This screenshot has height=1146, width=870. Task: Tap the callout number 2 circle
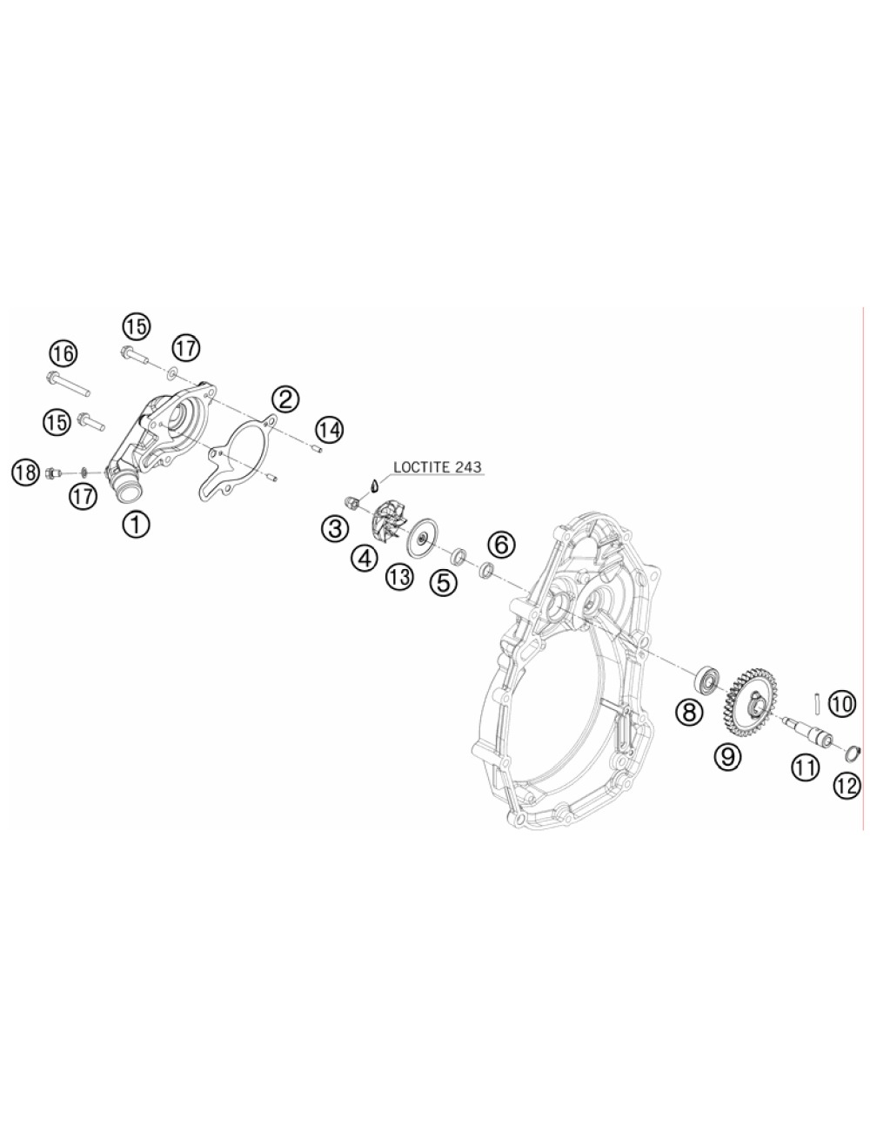click(285, 399)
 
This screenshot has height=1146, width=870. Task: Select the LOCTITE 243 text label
click(438, 466)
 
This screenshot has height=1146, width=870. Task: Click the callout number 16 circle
click(64, 353)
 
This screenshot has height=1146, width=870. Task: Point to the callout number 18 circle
click(26, 472)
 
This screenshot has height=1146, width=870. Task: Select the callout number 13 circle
click(399, 577)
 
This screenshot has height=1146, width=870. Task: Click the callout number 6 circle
click(501, 545)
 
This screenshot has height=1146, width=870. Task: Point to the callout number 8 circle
click(689, 711)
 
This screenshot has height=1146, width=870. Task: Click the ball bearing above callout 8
click(707, 679)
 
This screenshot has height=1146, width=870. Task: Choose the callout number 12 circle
click(847, 785)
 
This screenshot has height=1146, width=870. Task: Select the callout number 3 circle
click(335, 528)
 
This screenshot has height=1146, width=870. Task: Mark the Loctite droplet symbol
click(373, 484)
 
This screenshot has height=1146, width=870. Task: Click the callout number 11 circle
click(806, 767)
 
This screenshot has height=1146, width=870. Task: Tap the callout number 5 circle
click(443, 581)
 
